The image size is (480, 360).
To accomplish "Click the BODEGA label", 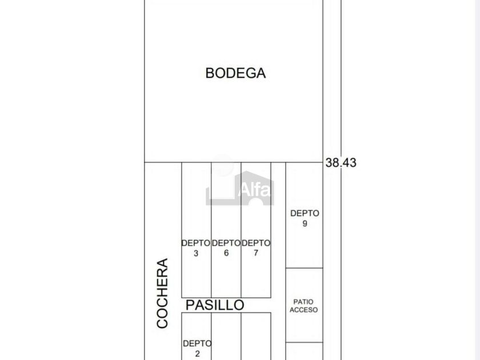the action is (x=235, y=73).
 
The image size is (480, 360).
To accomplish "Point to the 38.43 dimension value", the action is (x=341, y=162).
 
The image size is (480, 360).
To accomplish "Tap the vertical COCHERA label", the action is (x=162, y=293).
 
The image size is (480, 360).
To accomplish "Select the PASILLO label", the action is (x=215, y=305).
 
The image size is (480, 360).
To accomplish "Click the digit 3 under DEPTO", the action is (x=196, y=254).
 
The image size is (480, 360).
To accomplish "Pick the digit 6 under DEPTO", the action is (x=226, y=253).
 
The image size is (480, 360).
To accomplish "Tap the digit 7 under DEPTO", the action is (x=256, y=253).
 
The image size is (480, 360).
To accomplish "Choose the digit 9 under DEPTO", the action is (x=305, y=223).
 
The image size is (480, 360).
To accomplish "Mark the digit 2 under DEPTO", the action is (x=198, y=354).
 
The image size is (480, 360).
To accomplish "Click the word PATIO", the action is (x=303, y=302).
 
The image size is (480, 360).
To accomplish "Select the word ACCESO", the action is (x=303, y=310).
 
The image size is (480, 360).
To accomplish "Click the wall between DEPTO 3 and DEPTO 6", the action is (x=211, y=230).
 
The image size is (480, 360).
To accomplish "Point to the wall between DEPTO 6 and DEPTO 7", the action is (x=241, y=230).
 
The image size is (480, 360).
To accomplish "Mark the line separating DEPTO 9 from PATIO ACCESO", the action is (x=304, y=268).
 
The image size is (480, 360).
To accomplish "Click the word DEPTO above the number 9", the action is (x=305, y=213).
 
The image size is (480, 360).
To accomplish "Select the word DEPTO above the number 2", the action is (x=197, y=343).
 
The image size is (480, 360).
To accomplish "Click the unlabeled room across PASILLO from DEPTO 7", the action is (x=256, y=336).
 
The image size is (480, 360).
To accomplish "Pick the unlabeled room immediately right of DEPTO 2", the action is (x=226, y=336).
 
